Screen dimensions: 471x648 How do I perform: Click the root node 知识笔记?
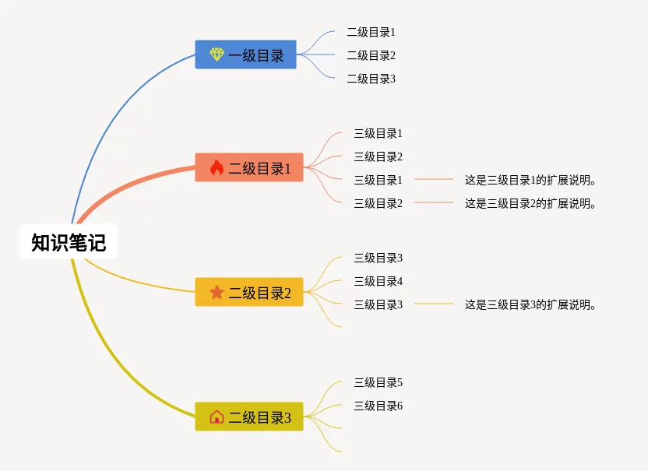click(x=69, y=242)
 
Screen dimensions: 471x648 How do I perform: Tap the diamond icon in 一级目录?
click(x=217, y=54)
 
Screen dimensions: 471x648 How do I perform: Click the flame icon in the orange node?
click(x=217, y=167)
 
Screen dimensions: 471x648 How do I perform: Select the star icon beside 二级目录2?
click(x=217, y=293)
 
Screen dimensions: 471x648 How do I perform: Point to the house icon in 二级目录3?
click(x=217, y=417)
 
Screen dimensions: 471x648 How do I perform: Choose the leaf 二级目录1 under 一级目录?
click(x=371, y=32)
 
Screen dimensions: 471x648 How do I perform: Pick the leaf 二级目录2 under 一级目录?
click(x=371, y=55)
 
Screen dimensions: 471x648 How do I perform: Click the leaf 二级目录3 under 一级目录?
click(x=371, y=79)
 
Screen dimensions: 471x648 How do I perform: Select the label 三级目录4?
click(x=378, y=281)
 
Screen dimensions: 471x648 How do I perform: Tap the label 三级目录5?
click(x=378, y=382)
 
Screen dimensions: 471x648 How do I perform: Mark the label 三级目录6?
click(x=378, y=406)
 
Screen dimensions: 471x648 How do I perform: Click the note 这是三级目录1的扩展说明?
click(x=530, y=180)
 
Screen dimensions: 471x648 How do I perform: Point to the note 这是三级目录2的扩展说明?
click(x=530, y=203)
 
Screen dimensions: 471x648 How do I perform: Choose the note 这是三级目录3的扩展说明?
click(x=530, y=304)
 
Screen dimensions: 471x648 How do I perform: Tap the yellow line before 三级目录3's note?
click(x=433, y=304)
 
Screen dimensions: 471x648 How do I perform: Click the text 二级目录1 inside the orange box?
click(x=259, y=168)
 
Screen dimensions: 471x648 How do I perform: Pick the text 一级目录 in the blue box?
click(x=256, y=55)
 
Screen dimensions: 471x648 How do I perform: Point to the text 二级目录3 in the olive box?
click(x=259, y=418)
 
